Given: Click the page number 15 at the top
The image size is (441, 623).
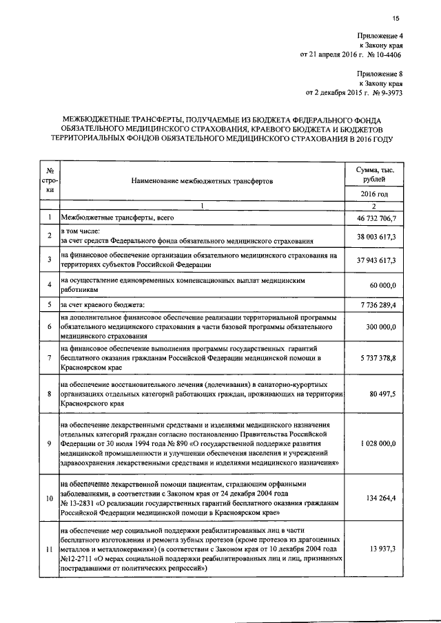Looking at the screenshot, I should coord(396,19).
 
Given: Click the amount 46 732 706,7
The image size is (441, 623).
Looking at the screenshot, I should coord(373,218).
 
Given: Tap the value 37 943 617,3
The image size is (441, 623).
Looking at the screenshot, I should coord(373,260).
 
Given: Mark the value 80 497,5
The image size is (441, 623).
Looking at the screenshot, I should coord(382,394).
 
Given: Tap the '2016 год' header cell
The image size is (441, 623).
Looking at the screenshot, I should coord(374,195).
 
